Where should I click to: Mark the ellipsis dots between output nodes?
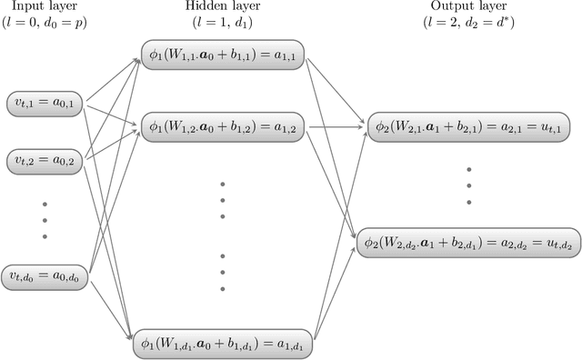pos(469,185)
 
